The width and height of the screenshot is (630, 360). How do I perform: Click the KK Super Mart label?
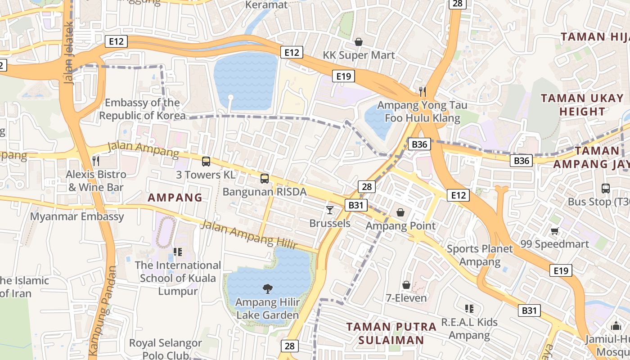coord(359,55)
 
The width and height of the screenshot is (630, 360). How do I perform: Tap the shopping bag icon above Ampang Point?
coord(400,212)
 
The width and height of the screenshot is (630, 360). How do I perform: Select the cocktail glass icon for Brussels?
coord(330,210)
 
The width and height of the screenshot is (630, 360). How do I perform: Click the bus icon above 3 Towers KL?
coord(206,161)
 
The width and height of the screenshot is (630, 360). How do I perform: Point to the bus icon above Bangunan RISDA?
coord(265,179)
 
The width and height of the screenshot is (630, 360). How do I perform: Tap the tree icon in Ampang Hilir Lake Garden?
coord(267,288)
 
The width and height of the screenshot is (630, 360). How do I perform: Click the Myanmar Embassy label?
coord(77,216)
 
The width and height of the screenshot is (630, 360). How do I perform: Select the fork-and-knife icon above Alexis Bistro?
coord(95,161)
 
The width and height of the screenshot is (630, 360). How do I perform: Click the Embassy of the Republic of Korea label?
coord(142,109)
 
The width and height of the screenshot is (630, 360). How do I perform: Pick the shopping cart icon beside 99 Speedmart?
coord(554,231)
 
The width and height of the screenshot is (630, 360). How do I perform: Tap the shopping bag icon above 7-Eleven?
coord(406,285)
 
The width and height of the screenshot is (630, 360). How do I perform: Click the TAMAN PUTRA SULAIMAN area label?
coord(391,333)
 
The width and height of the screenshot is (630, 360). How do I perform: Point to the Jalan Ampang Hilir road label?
coord(248,234)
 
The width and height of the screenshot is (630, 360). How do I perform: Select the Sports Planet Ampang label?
coord(480,255)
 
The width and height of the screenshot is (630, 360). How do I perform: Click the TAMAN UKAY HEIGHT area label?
coord(582,104)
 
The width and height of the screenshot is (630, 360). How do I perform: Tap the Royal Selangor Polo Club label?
coord(166,349)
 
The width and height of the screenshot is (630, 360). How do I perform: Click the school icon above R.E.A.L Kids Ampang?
coord(469,309)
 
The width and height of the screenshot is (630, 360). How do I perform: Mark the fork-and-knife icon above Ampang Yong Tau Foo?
coord(422,92)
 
